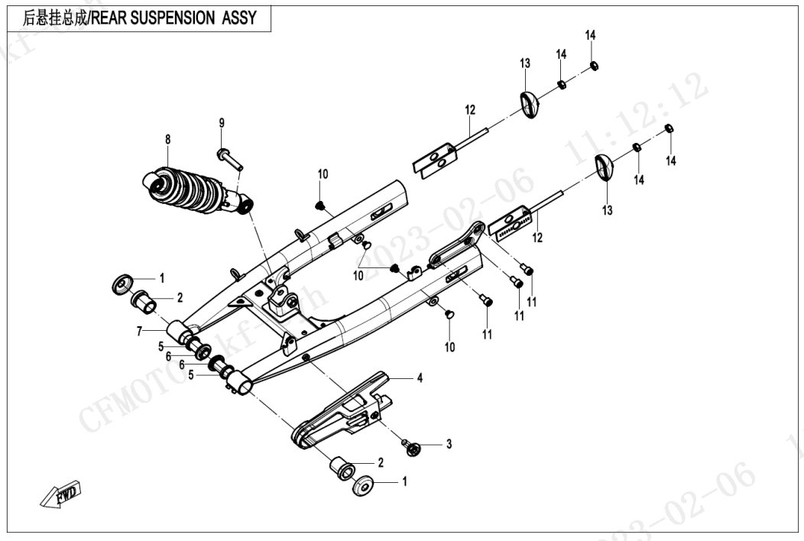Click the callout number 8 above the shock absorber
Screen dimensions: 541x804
(168, 139)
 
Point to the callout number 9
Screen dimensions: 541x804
(222, 123)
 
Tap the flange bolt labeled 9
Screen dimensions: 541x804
(229, 159)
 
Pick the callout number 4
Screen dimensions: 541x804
(419, 377)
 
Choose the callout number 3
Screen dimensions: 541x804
(449, 444)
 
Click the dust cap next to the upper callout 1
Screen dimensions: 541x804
(122, 283)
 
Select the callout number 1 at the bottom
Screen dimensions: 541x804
(404, 482)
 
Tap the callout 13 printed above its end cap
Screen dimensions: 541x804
(525, 63)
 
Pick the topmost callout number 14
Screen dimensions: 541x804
(591, 36)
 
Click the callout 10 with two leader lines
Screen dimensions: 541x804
(358, 275)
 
